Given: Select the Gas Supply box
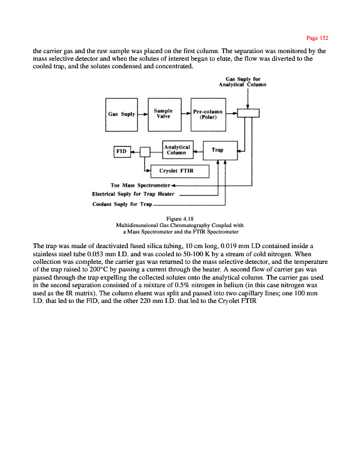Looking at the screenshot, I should (121, 114).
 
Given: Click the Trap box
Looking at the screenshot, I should (217, 151).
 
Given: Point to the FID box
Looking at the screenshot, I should (120, 151).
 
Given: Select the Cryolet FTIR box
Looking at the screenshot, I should (180, 171).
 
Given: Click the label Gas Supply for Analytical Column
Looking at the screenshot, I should (242, 82).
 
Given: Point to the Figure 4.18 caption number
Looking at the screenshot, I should (180, 219).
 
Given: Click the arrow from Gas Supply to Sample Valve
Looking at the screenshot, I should (142, 114).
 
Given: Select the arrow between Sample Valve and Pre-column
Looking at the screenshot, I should (185, 114).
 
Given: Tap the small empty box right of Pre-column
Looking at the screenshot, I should (247, 114).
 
